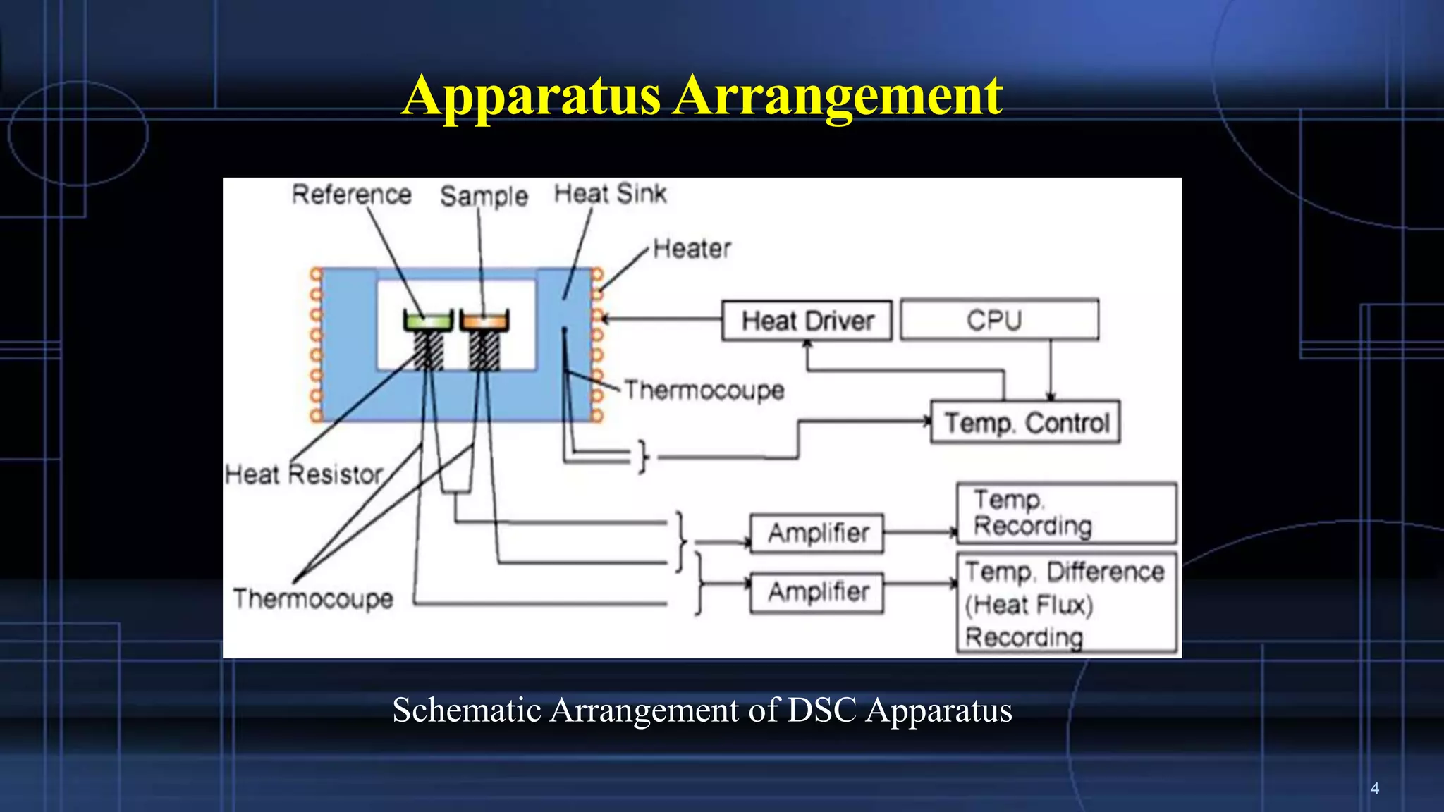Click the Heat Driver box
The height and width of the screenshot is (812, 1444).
coord(807,321)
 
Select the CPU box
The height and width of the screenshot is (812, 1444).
coord(999,320)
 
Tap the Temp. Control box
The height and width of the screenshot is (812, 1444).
coord(1026,422)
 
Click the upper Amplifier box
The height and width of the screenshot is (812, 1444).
coord(817,533)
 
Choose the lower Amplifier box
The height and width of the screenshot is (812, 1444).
coord(817,592)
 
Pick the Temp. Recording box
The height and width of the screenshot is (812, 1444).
coord(1066,513)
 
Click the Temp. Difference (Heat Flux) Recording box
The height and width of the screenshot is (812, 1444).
coord(1066,603)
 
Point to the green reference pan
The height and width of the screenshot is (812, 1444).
coord(428,321)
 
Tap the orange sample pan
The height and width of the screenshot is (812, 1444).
coord(484,321)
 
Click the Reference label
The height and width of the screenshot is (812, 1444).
coord(351,195)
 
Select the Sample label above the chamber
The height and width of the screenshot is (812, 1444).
coord(484,196)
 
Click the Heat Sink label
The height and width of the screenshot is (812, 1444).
coord(610,194)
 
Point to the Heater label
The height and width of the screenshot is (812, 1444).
coord(692,249)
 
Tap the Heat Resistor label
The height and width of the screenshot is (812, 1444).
coord(304,474)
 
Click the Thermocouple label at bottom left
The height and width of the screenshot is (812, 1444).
coord(313,598)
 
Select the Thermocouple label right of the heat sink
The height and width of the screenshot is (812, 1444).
coord(704,390)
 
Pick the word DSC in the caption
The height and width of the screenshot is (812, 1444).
coord(821,710)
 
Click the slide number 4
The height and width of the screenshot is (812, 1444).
coord(1374,788)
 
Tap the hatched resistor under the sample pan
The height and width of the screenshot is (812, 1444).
coord(484,350)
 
